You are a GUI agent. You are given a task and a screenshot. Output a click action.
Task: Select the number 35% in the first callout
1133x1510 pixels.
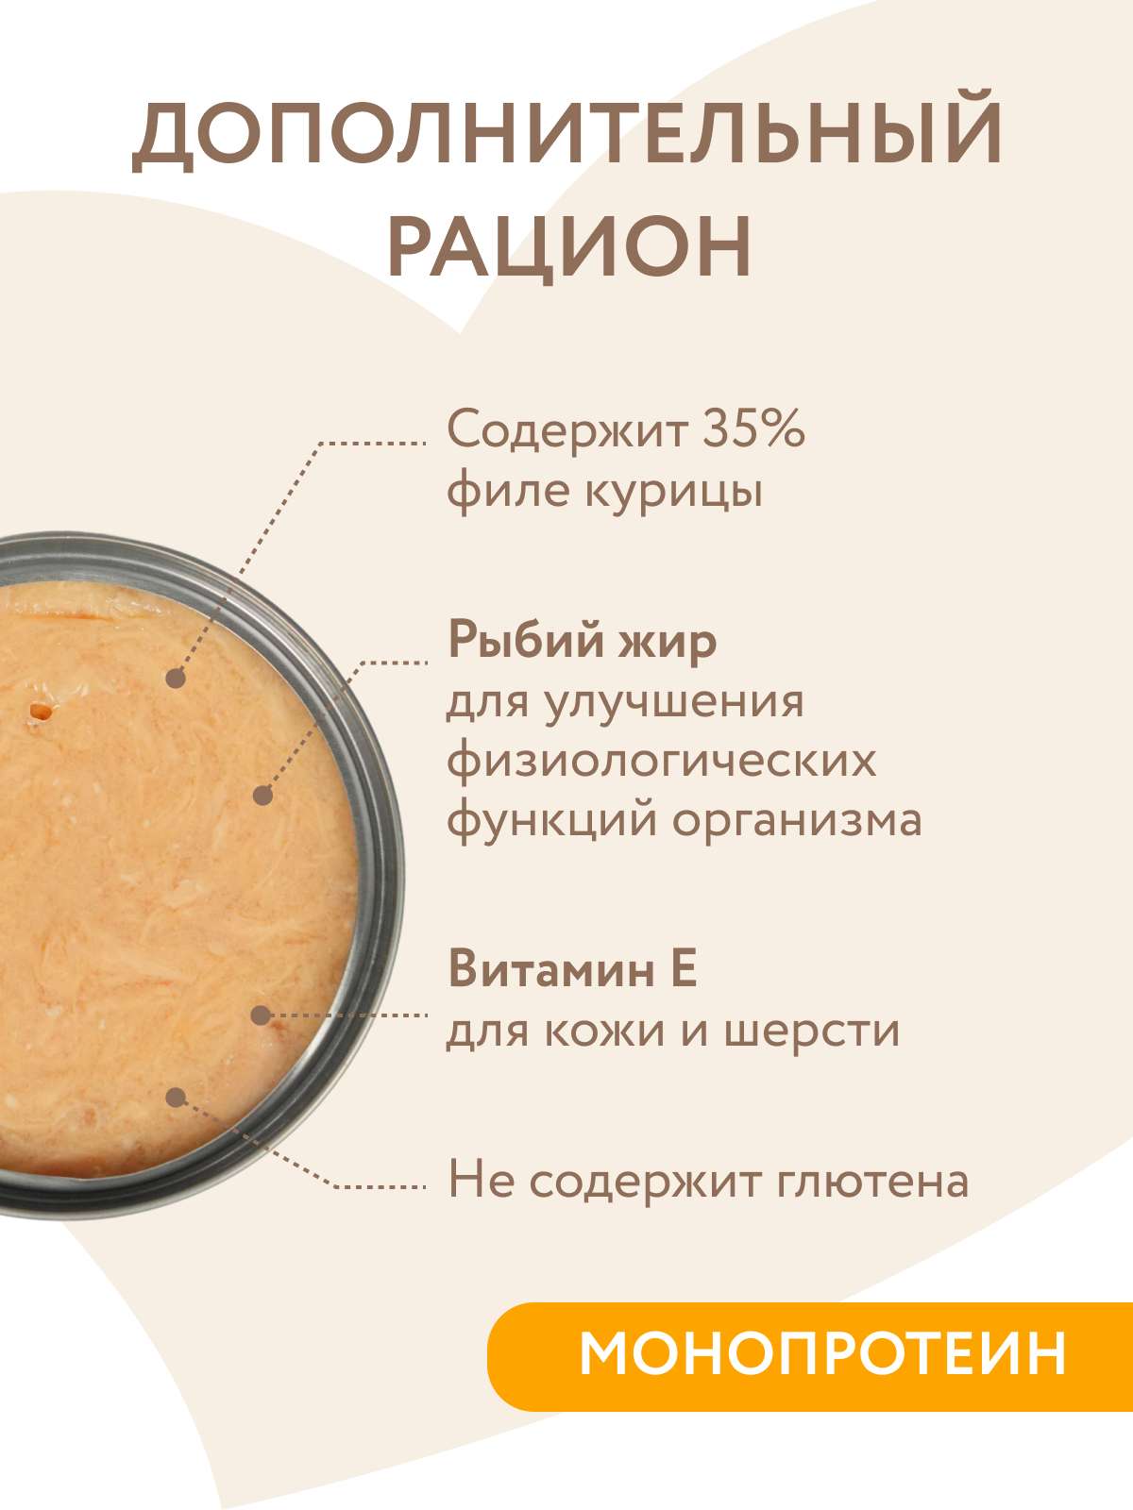coord(753,429)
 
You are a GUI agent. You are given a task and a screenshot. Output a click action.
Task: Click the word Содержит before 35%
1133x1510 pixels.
coord(566,429)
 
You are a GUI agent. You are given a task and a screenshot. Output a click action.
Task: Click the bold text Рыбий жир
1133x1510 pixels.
coord(582,640)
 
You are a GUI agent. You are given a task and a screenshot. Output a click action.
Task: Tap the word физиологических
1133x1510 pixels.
coord(661,760)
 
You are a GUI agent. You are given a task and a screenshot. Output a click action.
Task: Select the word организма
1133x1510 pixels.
coord(797,819)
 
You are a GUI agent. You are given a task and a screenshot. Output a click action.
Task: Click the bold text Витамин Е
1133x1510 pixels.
coord(572,968)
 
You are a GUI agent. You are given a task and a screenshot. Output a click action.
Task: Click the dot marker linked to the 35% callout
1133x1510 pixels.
coord(176,678)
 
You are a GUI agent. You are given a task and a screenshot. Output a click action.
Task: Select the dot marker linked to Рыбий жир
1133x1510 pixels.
coord(263,796)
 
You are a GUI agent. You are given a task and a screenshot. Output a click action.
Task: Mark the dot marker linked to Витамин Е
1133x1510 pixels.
coord(261,1015)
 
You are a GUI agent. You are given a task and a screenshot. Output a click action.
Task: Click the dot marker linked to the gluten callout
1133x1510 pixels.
coord(176,1097)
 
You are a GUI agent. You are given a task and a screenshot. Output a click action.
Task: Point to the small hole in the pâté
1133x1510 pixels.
coord(41,712)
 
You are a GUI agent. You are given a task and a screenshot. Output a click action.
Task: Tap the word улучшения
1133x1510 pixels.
coord(674,701)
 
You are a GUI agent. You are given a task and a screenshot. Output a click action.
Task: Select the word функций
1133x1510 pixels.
coord(553,819)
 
